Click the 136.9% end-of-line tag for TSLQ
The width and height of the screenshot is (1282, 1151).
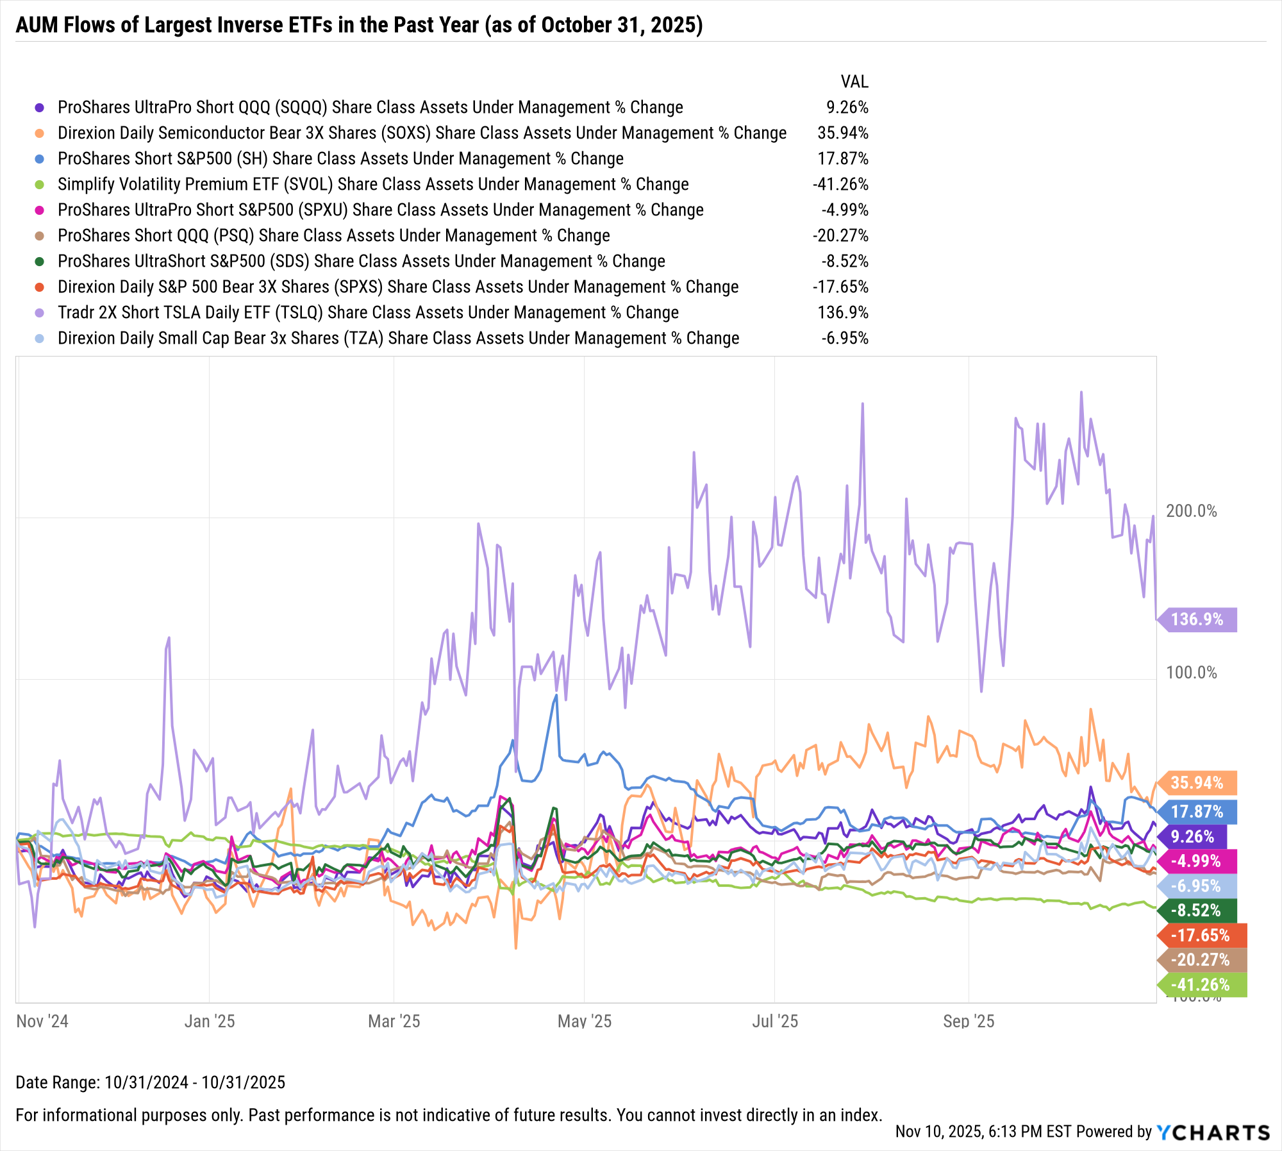tap(1197, 619)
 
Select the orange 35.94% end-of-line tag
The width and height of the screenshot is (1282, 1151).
tap(1197, 783)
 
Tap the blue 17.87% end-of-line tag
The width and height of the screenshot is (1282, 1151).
tap(1197, 812)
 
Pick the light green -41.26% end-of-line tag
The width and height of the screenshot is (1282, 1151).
tap(1201, 985)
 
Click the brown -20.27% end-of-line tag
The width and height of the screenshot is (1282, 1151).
tap(1201, 960)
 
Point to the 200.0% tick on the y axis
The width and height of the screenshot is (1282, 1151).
tap(1191, 511)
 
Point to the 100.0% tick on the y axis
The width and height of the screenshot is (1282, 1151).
tap(1191, 673)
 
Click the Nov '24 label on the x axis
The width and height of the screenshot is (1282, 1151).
tap(42, 1021)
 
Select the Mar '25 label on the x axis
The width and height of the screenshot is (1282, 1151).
tap(394, 1021)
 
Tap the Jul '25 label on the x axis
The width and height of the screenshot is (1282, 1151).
tap(774, 1021)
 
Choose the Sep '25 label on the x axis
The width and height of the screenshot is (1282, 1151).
tap(968, 1021)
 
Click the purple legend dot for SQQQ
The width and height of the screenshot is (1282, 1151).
tap(40, 108)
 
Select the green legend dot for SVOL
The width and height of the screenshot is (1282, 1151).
tap(40, 185)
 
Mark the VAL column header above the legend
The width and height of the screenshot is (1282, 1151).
tap(854, 82)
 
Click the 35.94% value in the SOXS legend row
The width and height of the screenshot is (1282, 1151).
tap(842, 133)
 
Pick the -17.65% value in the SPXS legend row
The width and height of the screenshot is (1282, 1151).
tap(840, 287)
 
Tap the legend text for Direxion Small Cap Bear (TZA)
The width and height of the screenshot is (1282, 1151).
tap(398, 339)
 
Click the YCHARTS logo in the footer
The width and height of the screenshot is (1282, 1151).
tap(1213, 1132)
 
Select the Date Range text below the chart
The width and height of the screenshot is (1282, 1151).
tap(150, 1082)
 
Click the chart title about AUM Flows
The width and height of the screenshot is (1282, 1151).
tap(359, 25)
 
